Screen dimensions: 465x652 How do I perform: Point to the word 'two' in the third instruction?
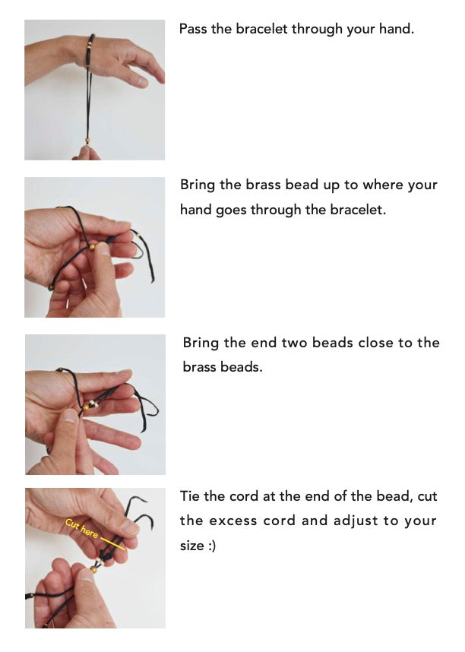(x=295, y=343)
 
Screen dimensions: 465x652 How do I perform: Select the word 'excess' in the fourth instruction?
(x=233, y=521)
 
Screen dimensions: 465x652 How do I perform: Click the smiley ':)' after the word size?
(x=212, y=546)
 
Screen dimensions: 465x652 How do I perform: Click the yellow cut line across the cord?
(x=112, y=543)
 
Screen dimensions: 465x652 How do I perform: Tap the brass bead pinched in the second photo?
(x=92, y=248)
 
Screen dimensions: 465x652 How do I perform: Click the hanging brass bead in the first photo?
(x=87, y=141)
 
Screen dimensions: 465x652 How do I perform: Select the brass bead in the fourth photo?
(x=93, y=568)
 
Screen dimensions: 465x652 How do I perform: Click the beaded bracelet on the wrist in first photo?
(x=89, y=50)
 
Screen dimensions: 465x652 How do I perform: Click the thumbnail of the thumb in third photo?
(x=69, y=416)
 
